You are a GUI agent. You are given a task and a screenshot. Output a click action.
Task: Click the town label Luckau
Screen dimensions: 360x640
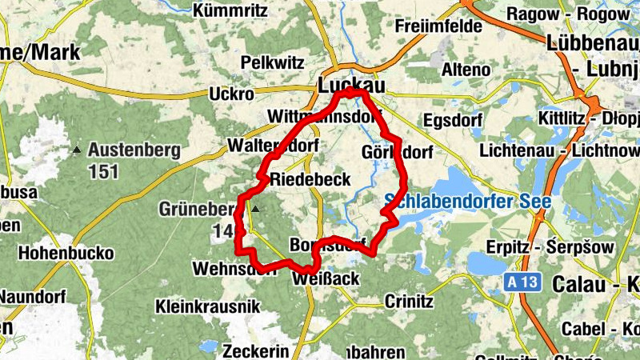click(351, 84)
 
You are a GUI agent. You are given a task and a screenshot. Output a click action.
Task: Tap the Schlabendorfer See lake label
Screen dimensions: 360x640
click(467, 201)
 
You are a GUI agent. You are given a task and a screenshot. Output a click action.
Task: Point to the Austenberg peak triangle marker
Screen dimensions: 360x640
click(78, 150)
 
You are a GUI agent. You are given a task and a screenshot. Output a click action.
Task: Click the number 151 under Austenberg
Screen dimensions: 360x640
click(104, 171)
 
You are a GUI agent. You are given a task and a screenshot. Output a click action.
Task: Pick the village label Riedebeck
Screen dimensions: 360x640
click(310, 179)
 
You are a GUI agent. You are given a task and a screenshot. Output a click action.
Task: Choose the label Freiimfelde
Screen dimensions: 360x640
click(439, 26)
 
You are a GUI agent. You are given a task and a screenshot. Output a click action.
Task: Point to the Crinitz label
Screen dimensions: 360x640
click(409, 302)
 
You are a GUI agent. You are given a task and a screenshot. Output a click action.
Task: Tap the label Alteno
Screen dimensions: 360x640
click(466, 70)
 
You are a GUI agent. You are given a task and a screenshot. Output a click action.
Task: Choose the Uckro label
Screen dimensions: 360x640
click(231, 94)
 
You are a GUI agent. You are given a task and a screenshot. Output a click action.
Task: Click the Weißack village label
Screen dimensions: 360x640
click(326, 278)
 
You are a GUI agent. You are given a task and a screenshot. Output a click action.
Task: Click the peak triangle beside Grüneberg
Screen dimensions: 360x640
click(256, 210)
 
